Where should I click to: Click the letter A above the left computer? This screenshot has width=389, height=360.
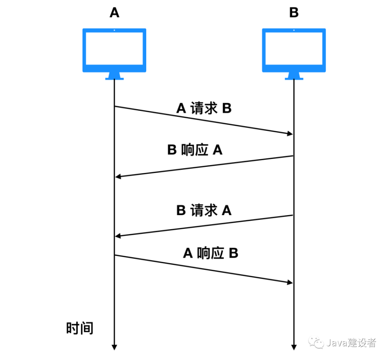point(114,13)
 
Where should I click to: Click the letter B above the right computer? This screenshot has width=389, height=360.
point(294,13)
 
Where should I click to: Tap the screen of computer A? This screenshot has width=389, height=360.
point(114,48)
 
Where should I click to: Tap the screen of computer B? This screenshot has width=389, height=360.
point(294,48)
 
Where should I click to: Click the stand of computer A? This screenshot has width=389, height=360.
point(114,76)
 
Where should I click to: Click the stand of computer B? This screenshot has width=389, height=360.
point(294,76)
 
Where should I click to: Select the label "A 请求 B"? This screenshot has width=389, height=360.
point(204,108)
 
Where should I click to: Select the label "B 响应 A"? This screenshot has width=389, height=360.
point(195,150)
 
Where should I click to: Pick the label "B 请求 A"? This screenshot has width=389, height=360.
point(204,210)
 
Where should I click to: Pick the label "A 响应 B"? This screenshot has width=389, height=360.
point(210,253)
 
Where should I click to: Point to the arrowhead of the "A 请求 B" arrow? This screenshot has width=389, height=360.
point(290,133)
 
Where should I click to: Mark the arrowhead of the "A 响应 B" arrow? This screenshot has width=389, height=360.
point(290,282)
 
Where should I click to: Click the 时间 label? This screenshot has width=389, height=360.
point(80,328)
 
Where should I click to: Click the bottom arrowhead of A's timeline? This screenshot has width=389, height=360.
point(114,347)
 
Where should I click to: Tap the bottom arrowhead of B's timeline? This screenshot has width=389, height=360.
point(294,347)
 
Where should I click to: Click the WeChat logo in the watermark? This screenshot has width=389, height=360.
point(316,343)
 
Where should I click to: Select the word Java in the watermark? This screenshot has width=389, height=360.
point(337,343)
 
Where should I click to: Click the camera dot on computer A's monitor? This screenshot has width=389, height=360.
point(114,30)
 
